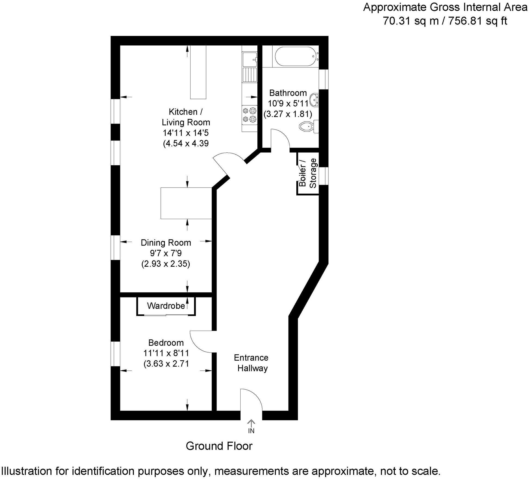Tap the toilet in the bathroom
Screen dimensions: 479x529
[307, 126]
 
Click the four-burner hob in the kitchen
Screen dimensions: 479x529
[250, 115]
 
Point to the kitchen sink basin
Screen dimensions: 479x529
[249, 59]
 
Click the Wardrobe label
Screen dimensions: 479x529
[166, 306]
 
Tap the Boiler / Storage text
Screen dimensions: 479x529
[308, 173]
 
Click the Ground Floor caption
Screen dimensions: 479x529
[219, 446]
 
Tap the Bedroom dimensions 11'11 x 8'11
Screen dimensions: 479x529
[166, 353]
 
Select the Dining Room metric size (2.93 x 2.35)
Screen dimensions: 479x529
[165, 264]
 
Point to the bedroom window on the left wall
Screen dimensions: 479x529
[116, 354]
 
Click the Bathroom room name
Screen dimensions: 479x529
[288, 93]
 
